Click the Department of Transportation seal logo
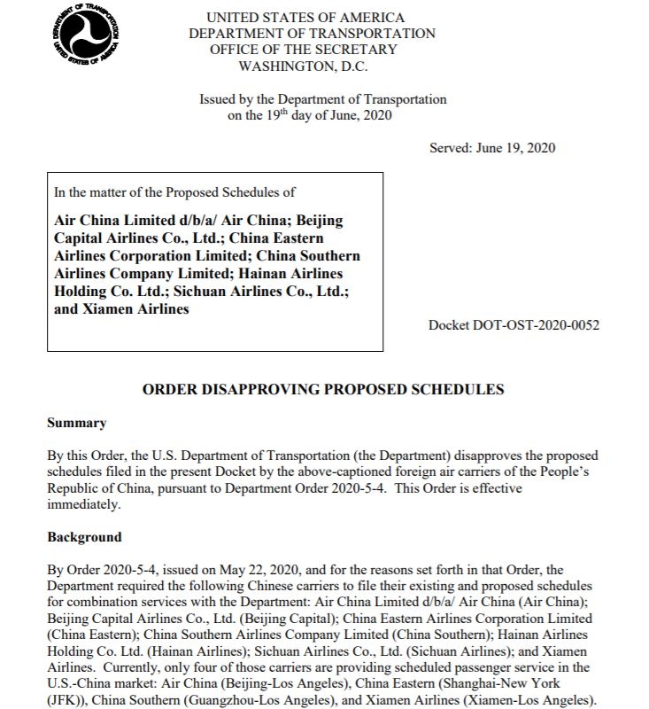pos(88,37)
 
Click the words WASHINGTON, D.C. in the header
pos(305,66)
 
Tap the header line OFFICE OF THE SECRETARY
pos(304,50)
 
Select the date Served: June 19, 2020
pos(492,148)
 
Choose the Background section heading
pos(85,537)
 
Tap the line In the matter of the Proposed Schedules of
pos(174,191)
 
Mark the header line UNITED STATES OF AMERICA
pos(305,18)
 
